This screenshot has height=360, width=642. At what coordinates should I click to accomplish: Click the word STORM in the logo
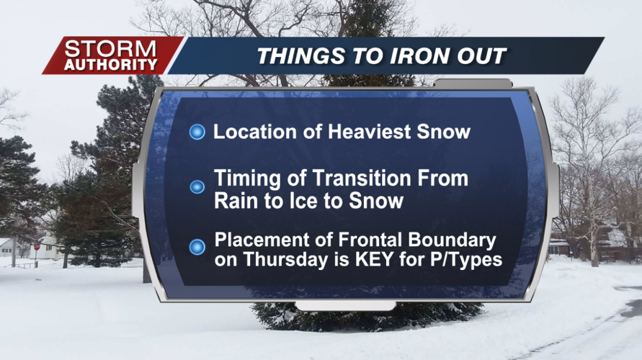click(110, 49)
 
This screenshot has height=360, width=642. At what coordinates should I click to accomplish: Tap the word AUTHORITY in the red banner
click(111, 65)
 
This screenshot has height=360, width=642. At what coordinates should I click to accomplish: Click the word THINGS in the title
click(301, 56)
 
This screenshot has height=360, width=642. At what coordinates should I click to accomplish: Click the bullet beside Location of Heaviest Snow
click(197, 132)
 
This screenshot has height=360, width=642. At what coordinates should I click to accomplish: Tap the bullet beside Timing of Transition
click(197, 187)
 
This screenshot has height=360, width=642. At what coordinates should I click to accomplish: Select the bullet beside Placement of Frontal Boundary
click(197, 247)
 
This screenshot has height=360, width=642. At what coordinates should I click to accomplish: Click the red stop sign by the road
click(37, 247)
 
